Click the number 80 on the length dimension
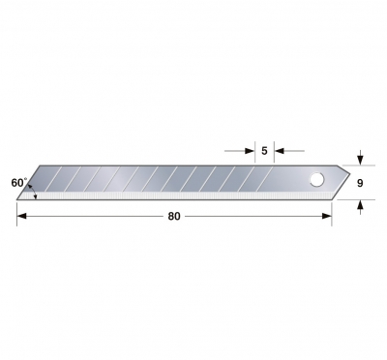tap(175, 217)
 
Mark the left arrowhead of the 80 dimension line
tap(22, 217)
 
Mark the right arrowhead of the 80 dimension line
tap(328, 217)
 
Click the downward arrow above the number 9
tap(359, 157)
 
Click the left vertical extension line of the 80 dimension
tap(17, 211)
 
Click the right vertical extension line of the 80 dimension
tap(333, 211)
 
